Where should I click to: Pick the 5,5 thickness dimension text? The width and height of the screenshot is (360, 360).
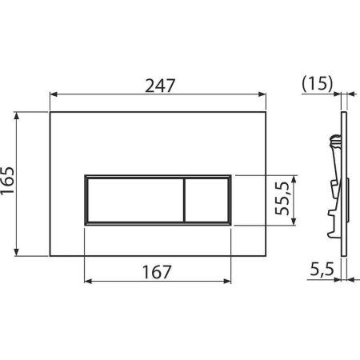click(322, 270)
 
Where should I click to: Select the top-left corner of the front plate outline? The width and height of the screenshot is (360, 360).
click(50, 111)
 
